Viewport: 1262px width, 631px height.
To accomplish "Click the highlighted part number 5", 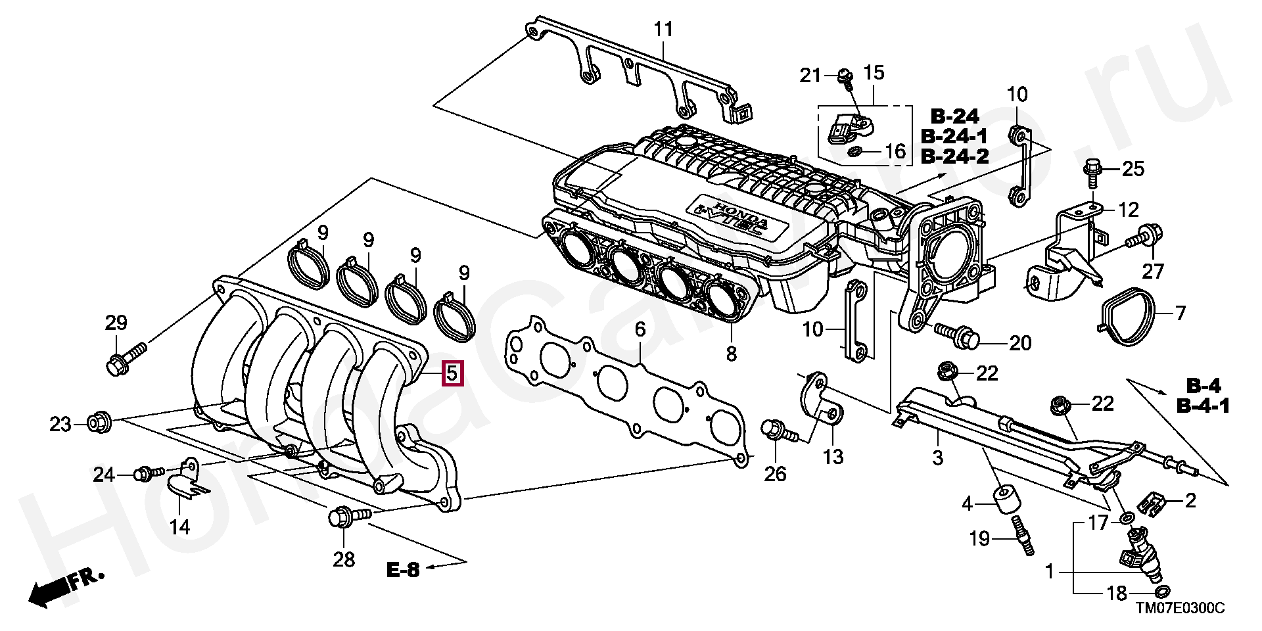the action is (x=452, y=373).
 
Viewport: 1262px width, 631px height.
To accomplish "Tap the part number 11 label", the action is (x=663, y=30).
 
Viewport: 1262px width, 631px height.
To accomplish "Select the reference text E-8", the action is (x=403, y=570).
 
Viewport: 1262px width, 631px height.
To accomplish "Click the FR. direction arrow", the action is (x=64, y=588).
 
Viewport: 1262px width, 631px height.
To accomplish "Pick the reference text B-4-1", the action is (x=1203, y=407).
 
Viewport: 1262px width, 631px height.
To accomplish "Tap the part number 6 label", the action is (x=640, y=328).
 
